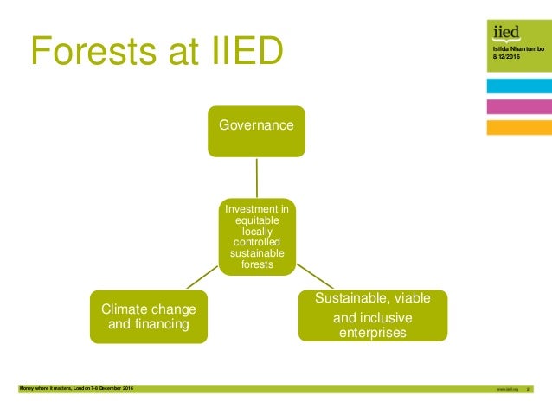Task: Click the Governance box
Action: click(x=256, y=126)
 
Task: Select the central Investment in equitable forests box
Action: click(x=258, y=236)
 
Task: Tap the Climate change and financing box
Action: click(x=148, y=316)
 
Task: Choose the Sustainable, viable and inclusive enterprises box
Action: click(x=373, y=315)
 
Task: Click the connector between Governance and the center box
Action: click(x=257, y=176)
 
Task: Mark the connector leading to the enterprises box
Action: click(x=315, y=277)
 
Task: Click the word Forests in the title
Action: click(x=95, y=52)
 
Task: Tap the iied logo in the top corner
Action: click(x=506, y=33)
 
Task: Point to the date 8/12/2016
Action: click(x=504, y=58)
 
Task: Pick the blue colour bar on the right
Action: click(x=518, y=86)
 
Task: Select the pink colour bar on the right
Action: click(x=518, y=106)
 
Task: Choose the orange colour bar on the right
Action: click(x=518, y=127)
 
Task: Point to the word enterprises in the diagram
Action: click(x=373, y=332)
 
